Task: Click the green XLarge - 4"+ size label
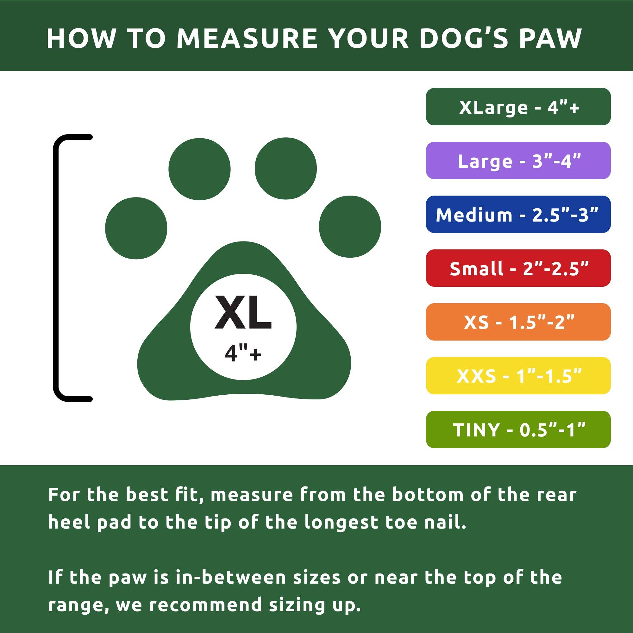(x=518, y=106)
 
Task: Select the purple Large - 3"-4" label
(x=518, y=160)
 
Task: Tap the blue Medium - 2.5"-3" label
(x=518, y=214)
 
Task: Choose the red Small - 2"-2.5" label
(x=518, y=268)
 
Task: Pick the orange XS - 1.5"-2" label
(x=518, y=322)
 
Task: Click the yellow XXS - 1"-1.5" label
(x=518, y=375)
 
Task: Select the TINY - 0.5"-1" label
(x=518, y=429)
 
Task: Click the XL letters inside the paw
(x=243, y=313)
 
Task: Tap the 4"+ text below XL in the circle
(x=243, y=354)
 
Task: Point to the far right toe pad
(x=350, y=226)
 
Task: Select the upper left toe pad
(x=199, y=169)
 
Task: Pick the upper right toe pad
(x=286, y=168)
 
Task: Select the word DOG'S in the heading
(x=463, y=38)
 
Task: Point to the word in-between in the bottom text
(x=231, y=577)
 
